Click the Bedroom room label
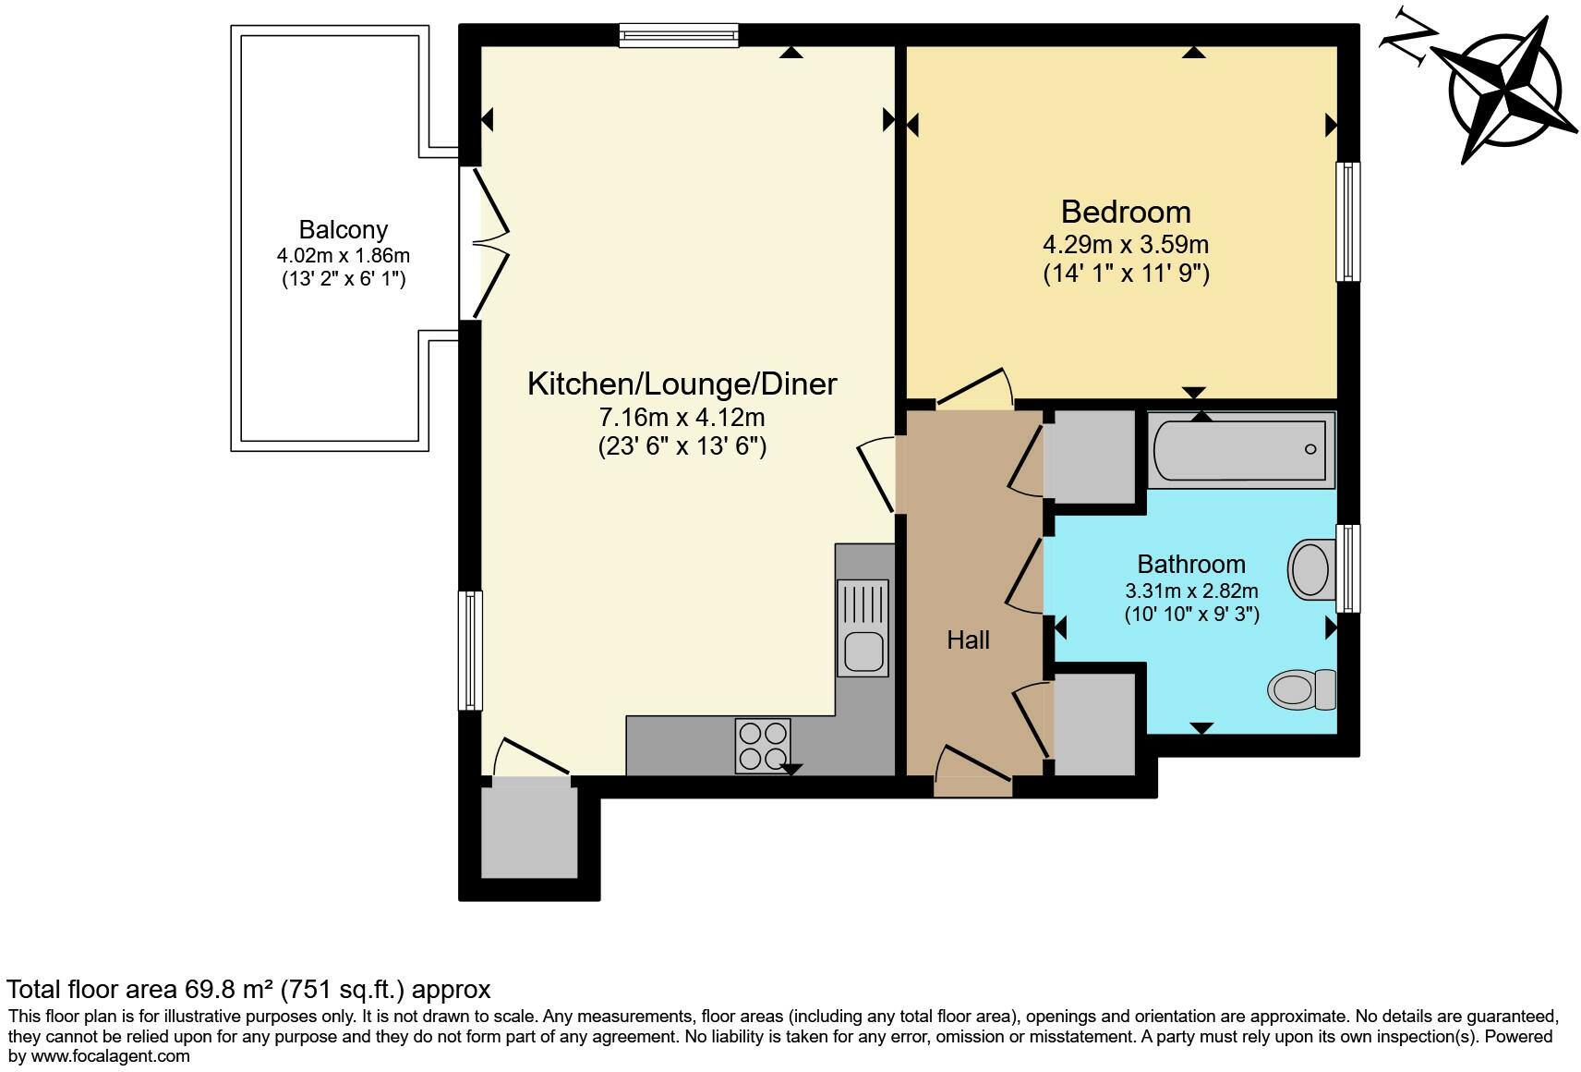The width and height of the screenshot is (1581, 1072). pos(1126,212)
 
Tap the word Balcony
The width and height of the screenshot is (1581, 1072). pos(343,230)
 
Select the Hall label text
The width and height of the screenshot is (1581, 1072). pos(968,640)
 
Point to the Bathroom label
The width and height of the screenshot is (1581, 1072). pos(1191,565)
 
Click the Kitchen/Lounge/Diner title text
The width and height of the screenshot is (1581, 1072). pos(682,384)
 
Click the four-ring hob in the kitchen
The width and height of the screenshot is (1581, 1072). pos(762,746)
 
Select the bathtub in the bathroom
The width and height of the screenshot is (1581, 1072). pos(1241,450)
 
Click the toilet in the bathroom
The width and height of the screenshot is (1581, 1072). pos(1302,689)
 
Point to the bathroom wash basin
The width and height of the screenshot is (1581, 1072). pos(1312,569)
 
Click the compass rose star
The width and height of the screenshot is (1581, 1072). pos(1503,91)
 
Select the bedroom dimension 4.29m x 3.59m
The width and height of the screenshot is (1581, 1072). pos(1126,244)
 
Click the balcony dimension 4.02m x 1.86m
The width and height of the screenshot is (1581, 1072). pos(343,256)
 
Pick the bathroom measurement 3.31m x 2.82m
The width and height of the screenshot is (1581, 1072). pos(1191,591)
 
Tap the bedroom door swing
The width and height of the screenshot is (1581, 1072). pos(974,388)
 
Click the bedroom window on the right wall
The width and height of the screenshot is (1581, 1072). pos(1347,222)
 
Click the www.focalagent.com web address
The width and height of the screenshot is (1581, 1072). pos(110,1056)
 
